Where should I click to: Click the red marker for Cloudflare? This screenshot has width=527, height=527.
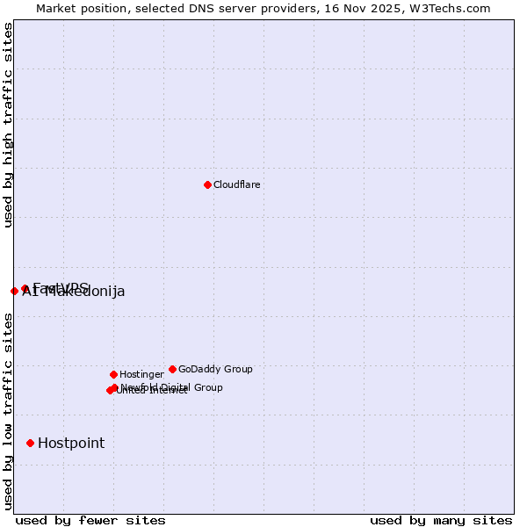tap(207, 184)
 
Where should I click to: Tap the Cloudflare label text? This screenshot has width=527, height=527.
tap(236, 184)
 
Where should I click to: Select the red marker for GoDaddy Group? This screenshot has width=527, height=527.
tap(172, 369)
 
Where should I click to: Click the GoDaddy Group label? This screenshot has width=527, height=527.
tap(215, 369)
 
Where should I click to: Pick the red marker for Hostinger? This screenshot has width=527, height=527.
tap(113, 374)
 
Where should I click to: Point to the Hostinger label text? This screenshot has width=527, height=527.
tap(141, 374)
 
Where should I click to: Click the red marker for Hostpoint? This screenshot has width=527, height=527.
tap(31, 443)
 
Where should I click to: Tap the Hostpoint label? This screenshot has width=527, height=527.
tap(70, 443)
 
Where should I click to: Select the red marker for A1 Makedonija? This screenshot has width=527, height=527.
tap(14, 291)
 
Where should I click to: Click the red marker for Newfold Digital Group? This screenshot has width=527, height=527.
tap(115, 387)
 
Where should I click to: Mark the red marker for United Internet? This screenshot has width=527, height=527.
tap(110, 390)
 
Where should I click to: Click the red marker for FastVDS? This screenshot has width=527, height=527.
tap(25, 288)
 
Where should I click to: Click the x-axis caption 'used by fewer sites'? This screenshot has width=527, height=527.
tap(90, 520)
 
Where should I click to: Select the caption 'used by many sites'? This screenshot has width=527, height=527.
tap(441, 520)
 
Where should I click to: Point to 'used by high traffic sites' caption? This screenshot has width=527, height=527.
tap(9, 126)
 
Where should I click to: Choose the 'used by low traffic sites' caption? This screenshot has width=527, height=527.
tap(9, 411)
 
